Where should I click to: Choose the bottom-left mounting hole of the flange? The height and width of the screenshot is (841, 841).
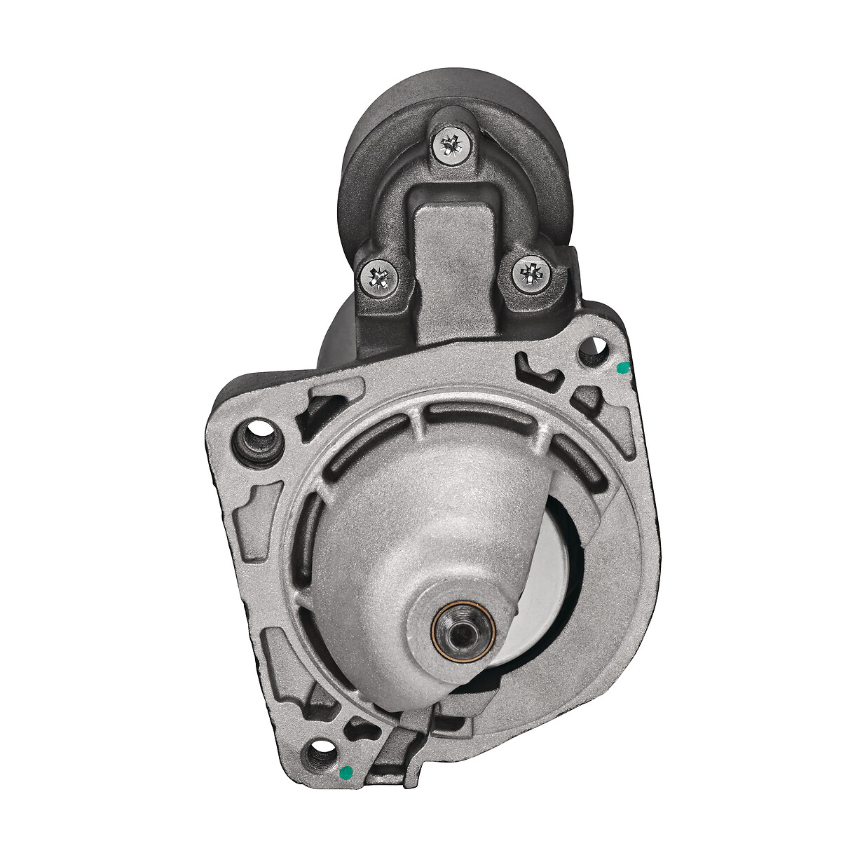pyautogui.click(x=320, y=756)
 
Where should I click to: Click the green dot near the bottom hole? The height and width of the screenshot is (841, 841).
pyautogui.click(x=344, y=772)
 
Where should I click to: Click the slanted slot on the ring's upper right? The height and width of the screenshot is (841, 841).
pyautogui.click(x=578, y=463)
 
